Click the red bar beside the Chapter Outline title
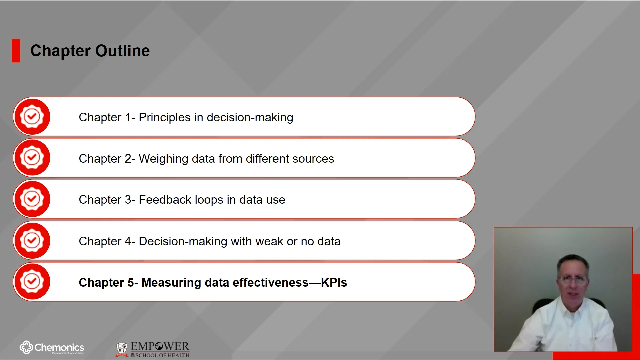click(x=16, y=51)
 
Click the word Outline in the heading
click(x=122, y=51)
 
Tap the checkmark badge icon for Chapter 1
click(x=32, y=117)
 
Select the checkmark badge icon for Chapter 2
click(x=32, y=158)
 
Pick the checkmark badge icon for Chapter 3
click(x=32, y=199)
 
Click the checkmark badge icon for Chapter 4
click(x=32, y=240)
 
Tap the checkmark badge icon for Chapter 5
click(x=32, y=282)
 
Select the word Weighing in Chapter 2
click(x=163, y=159)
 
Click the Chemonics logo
click(x=52, y=348)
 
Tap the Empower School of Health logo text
click(x=160, y=349)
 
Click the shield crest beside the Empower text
click(x=122, y=349)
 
